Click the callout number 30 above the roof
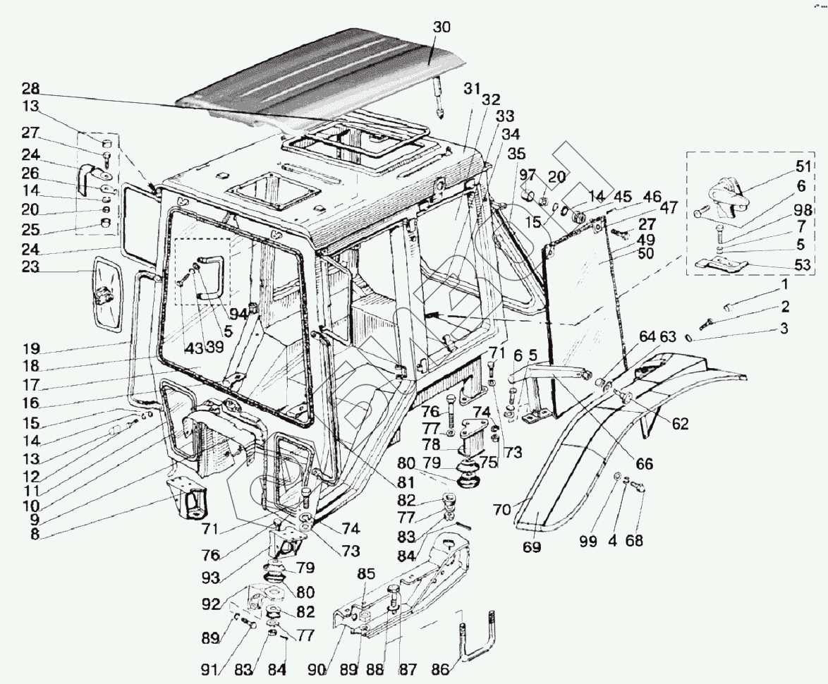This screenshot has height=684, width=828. [x=442, y=28]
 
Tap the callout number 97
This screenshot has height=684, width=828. [x=528, y=174]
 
